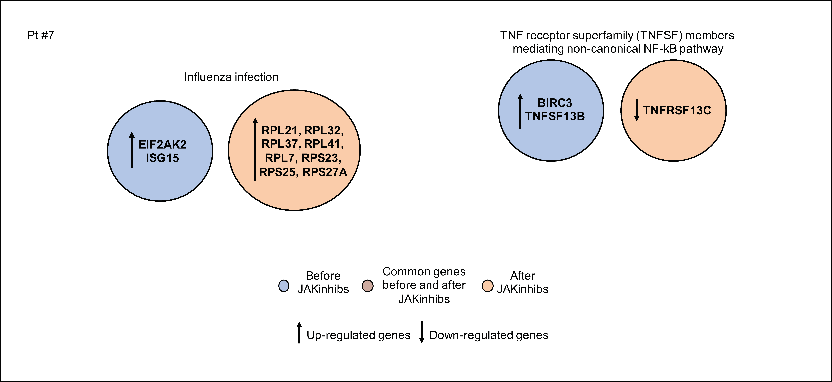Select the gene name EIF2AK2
pyautogui.click(x=162, y=144)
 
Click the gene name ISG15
pyautogui.click(x=162, y=158)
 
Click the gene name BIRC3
pyautogui.click(x=555, y=103)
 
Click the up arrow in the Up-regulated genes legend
pyautogui.click(x=299, y=332)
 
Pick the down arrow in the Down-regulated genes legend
pyautogui.click(x=421, y=332)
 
